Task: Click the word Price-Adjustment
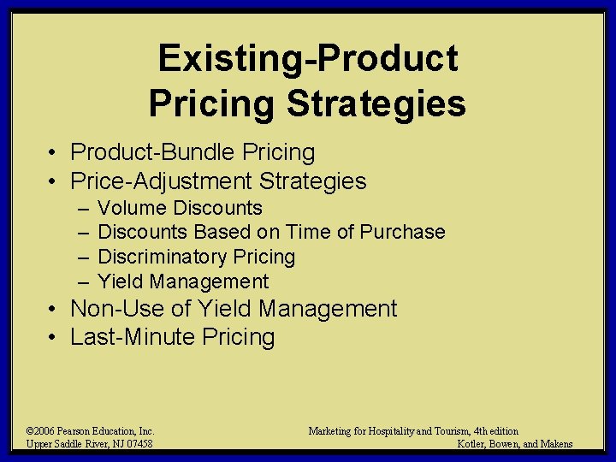coord(162,181)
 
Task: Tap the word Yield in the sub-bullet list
coord(116,281)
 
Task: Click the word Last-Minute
coord(133,337)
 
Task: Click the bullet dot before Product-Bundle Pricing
coord(53,153)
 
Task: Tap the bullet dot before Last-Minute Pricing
coord(53,338)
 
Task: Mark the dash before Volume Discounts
coord(81,208)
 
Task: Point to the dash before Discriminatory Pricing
coord(81,257)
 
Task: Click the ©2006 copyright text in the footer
coord(42,431)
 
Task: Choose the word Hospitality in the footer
coord(402,431)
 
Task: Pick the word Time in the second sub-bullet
coord(305,232)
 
